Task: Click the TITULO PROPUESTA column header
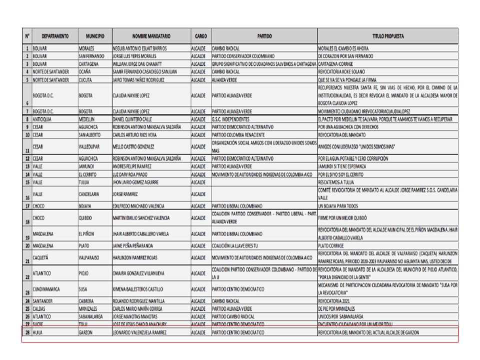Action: [x=387, y=36]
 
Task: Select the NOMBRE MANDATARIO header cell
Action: [x=151, y=36]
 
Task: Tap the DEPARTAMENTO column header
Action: [x=55, y=36]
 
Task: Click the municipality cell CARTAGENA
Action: [x=90, y=64]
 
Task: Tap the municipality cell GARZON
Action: [x=86, y=332]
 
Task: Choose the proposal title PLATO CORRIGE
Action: [x=331, y=246]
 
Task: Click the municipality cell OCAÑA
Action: [x=85, y=72]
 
